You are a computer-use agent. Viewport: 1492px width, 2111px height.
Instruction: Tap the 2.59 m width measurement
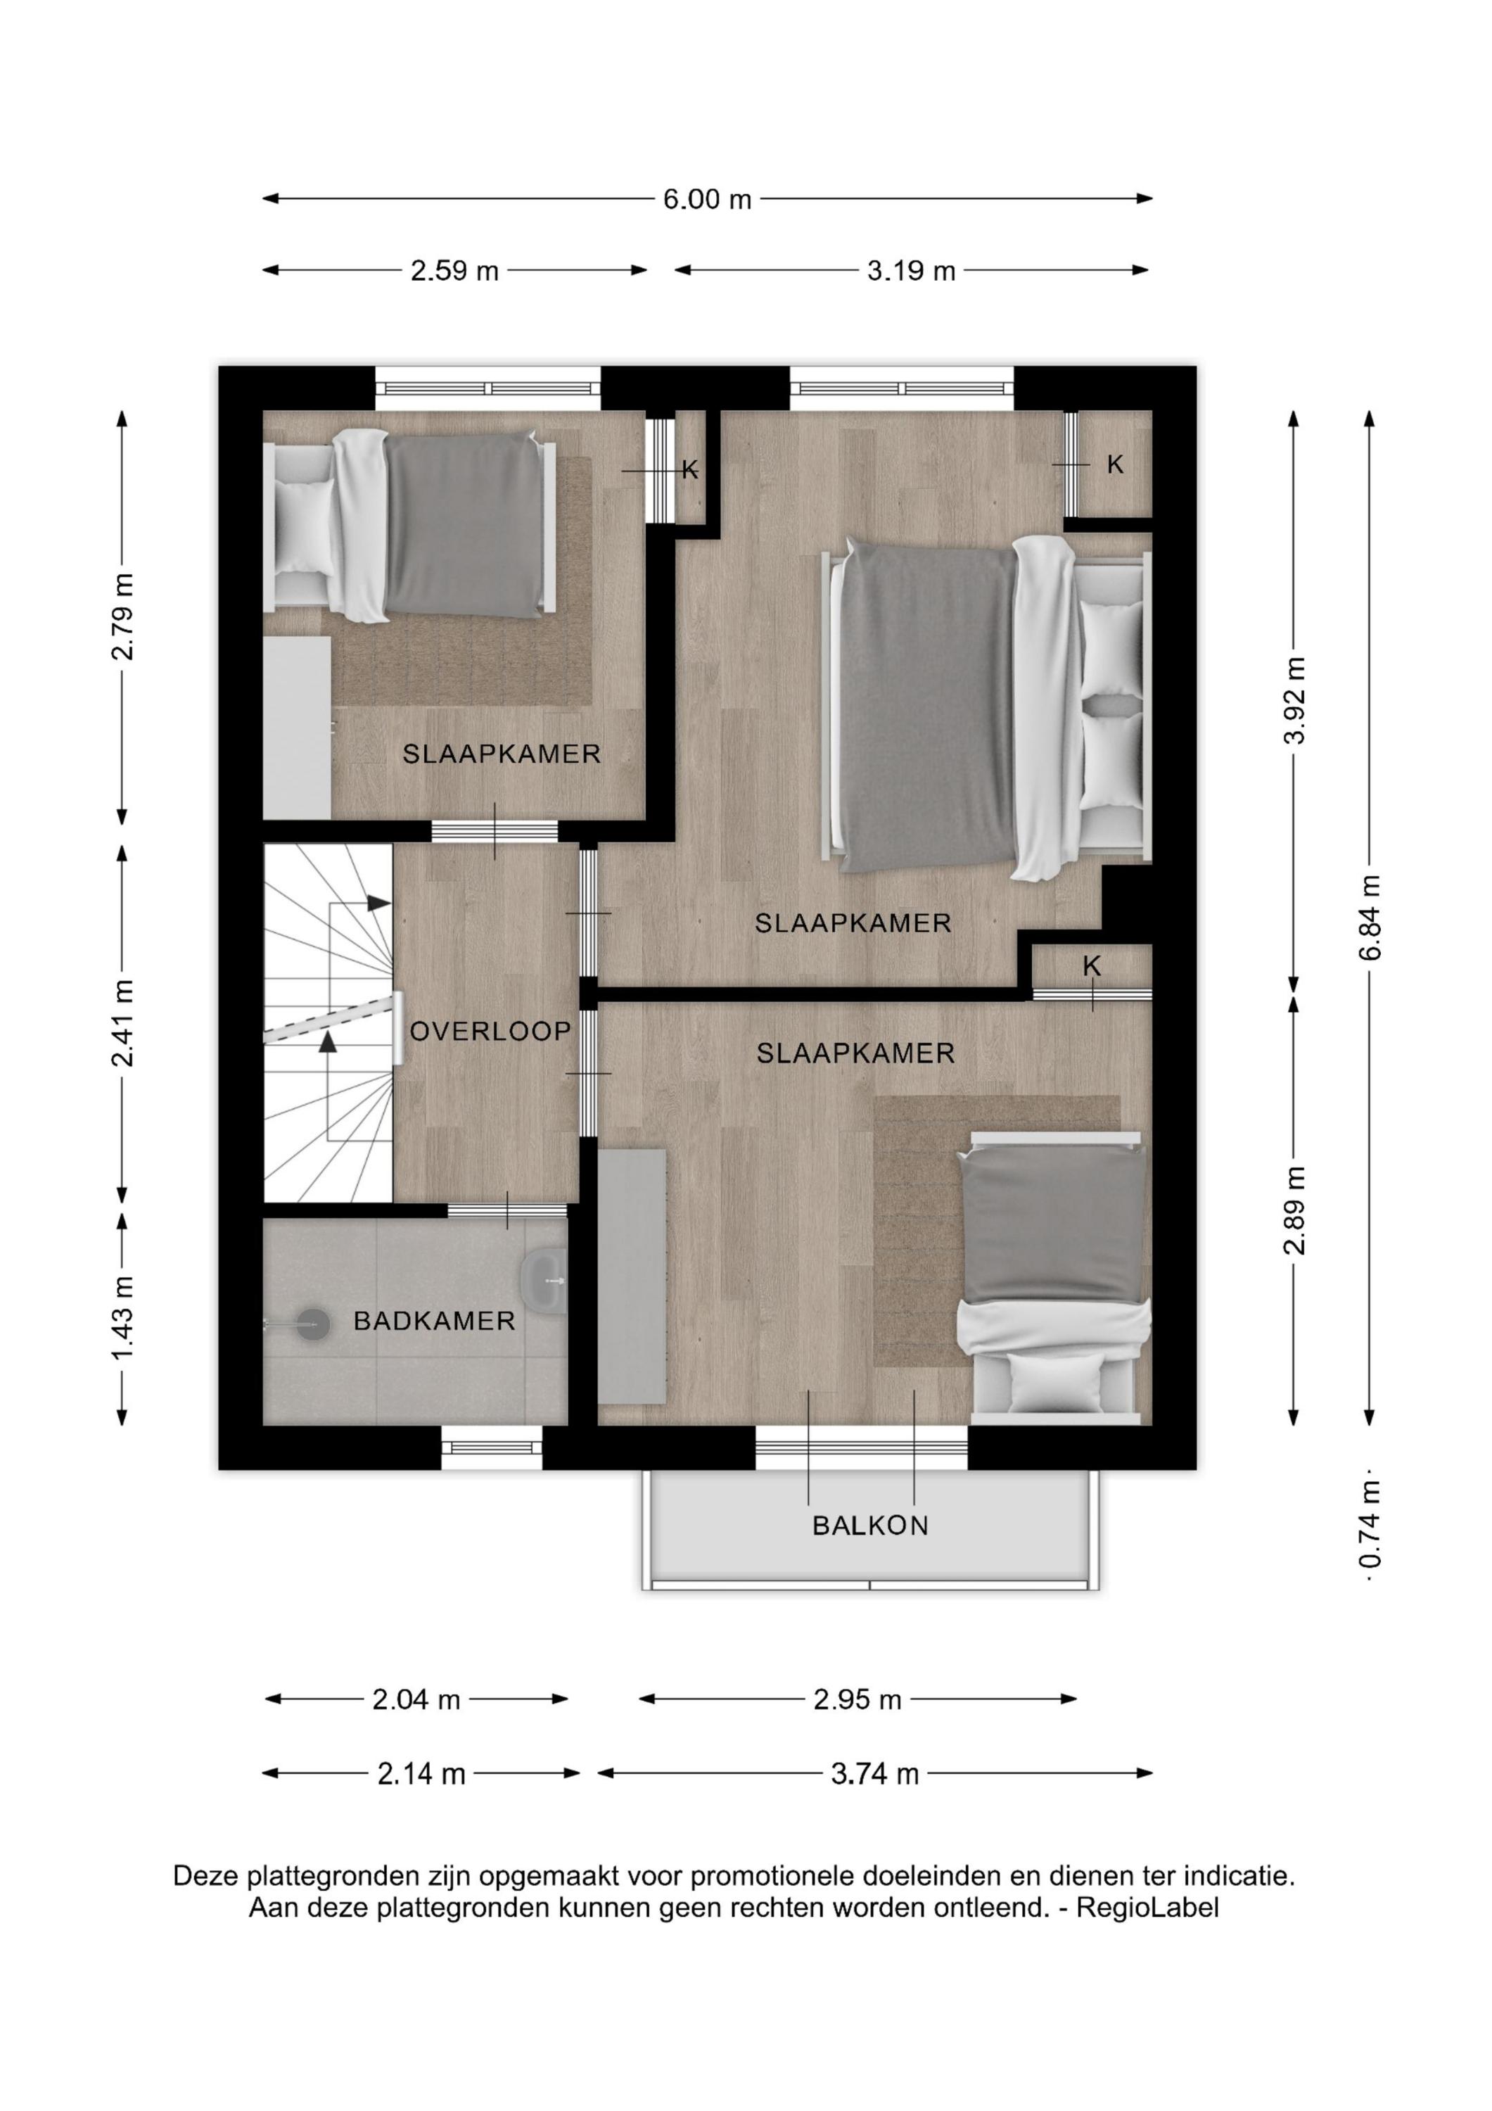click(454, 271)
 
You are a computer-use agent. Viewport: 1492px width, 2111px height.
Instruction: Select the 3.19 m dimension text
click(911, 271)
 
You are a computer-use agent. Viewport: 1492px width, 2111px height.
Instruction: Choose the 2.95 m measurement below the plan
click(857, 1700)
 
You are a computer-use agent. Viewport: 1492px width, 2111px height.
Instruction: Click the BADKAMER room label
click(434, 1321)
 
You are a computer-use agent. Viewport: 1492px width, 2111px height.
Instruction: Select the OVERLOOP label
click(491, 1032)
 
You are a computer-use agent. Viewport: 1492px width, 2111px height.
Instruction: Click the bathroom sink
click(544, 1279)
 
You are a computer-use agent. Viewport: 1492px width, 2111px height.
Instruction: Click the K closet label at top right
click(1115, 464)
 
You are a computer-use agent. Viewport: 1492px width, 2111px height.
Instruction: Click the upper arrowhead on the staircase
click(378, 903)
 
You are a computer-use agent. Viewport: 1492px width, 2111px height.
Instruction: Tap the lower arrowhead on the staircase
click(327, 1041)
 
